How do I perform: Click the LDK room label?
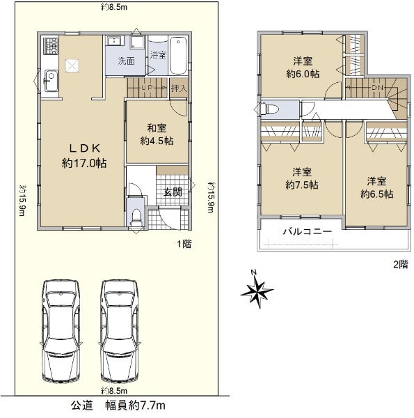click(x=84, y=155)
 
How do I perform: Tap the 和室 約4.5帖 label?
click(x=157, y=134)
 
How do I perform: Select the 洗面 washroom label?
click(x=126, y=61)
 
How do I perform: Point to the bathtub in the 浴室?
click(x=178, y=56)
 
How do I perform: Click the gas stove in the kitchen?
click(x=51, y=46)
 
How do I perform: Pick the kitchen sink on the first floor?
click(x=51, y=80)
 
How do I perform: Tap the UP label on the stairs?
click(x=147, y=87)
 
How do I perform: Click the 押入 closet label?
click(x=179, y=88)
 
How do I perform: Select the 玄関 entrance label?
click(x=173, y=192)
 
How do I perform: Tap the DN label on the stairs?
click(x=377, y=87)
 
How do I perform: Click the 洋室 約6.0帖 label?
click(x=303, y=68)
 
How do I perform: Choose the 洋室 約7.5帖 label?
click(x=302, y=178)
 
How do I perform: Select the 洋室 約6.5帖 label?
click(x=376, y=187)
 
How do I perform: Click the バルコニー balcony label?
click(x=308, y=231)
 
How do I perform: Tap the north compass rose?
click(x=257, y=290)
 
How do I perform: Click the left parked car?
click(x=61, y=332)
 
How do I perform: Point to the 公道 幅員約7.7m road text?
click(x=118, y=405)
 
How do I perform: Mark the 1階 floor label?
click(x=184, y=244)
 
